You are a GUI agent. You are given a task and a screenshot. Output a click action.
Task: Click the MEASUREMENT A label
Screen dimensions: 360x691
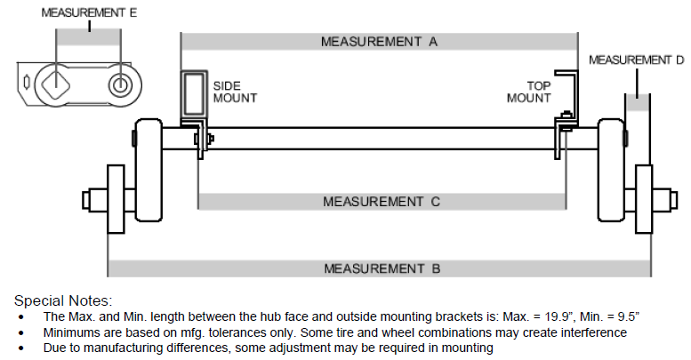[380, 42]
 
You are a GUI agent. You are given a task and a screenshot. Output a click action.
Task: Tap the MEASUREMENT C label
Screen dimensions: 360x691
[381, 202]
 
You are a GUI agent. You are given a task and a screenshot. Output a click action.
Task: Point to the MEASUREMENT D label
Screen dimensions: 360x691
[636, 60]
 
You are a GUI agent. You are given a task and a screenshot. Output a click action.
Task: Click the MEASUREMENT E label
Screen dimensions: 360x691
[88, 14]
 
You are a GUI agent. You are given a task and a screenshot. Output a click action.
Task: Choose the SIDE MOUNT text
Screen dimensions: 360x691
[235, 92]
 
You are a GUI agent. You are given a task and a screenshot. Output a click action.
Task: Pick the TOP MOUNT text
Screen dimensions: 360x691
[528, 92]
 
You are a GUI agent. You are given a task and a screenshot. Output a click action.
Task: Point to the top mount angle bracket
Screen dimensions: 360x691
[568, 98]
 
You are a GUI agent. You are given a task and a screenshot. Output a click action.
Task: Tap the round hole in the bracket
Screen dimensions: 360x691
[119, 85]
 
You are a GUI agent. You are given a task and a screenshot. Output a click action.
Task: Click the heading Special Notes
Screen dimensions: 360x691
[63, 300]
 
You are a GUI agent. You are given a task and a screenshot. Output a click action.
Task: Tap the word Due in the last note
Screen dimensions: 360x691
[54, 348]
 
